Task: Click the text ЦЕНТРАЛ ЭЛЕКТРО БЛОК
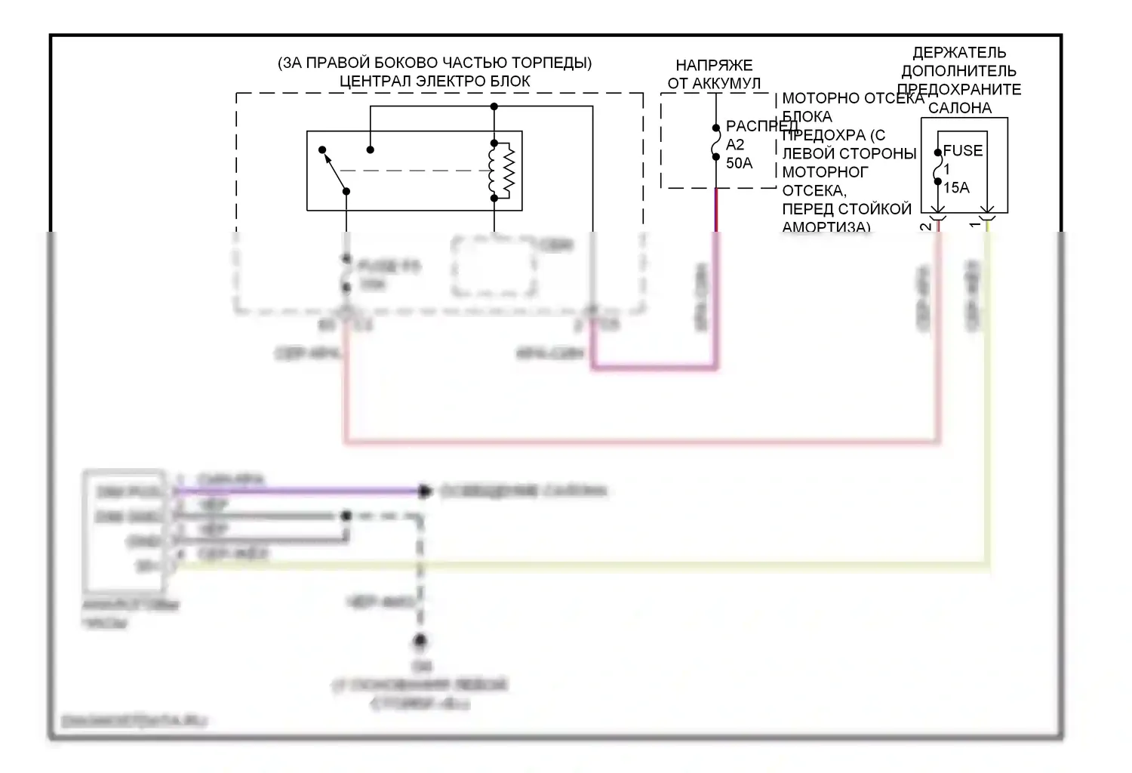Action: click(x=435, y=82)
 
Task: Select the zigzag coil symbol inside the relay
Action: click(x=505, y=171)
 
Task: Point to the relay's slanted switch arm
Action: click(x=334, y=171)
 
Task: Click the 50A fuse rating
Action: click(x=739, y=163)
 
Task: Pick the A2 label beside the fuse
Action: click(x=735, y=145)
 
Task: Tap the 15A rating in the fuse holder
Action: click(x=956, y=188)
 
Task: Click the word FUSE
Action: click(x=963, y=151)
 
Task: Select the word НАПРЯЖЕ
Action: click(x=713, y=66)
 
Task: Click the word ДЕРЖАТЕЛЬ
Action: click(x=959, y=53)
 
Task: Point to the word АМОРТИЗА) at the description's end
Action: click(x=826, y=226)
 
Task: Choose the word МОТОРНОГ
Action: click(x=825, y=172)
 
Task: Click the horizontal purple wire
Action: click(x=302, y=491)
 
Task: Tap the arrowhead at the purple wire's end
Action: click(x=425, y=491)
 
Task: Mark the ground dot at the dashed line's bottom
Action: click(x=420, y=642)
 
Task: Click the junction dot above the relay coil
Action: click(x=494, y=107)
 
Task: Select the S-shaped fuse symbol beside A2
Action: click(x=715, y=143)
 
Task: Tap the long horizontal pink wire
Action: click(x=641, y=441)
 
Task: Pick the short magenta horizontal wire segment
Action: click(x=654, y=368)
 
